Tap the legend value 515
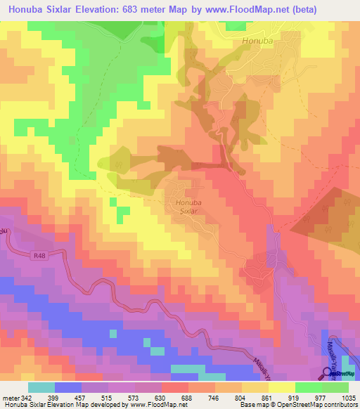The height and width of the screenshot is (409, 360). [108, 398]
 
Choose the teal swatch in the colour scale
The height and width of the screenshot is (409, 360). [41, 387]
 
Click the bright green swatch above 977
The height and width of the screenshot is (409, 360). [309, 387]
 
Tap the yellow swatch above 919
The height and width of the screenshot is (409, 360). [282, 387]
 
